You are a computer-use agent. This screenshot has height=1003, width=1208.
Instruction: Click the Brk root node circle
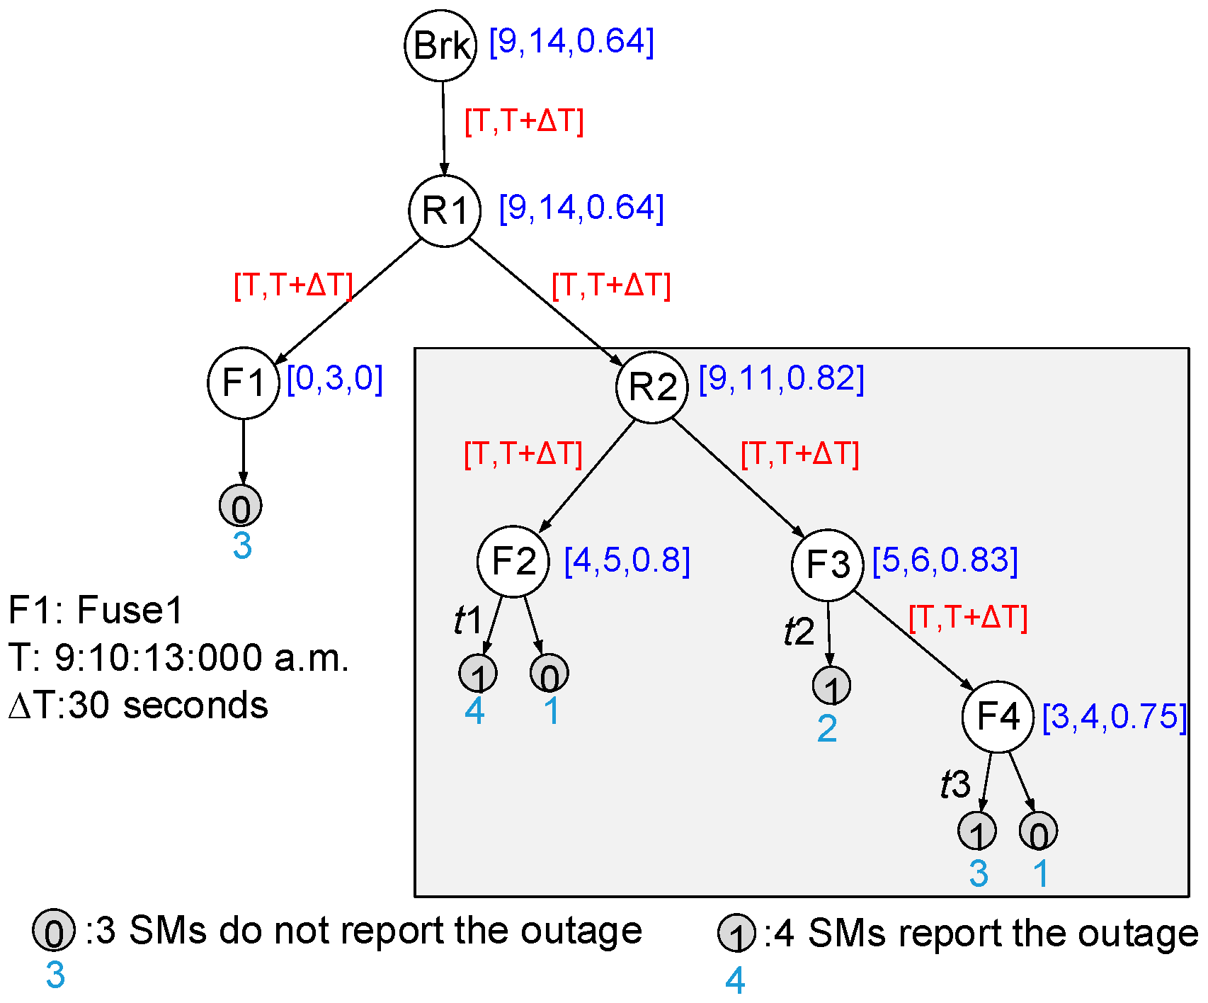coord(440,46)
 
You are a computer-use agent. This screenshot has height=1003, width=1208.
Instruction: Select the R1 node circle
coord(445,210)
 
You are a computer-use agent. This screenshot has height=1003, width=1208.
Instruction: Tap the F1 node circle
coord(244,383)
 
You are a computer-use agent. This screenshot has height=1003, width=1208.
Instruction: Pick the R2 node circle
coord(652,387)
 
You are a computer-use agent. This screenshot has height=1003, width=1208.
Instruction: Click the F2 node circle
coord(513,561)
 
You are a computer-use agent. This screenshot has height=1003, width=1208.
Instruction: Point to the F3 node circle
coord(828,565)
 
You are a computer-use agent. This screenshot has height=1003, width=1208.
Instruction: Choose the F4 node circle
coord(998,717)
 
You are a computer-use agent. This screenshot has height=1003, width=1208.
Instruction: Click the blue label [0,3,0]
coord(335,379)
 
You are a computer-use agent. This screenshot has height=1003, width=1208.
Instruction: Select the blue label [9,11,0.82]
coord(782,379)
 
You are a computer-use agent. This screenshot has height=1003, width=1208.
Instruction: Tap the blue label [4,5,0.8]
coord(627,561)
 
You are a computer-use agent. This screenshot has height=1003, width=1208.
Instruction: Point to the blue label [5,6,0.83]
coord(945,560)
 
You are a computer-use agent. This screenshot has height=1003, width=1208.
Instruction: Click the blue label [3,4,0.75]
coord(1115,717)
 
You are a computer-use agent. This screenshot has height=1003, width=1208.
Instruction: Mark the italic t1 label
coord(468,620)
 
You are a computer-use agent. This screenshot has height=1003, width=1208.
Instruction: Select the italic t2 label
coord(799,631)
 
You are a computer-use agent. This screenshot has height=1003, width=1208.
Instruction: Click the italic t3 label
coord(955,784)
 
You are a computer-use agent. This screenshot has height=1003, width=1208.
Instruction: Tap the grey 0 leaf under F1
coord(241,506)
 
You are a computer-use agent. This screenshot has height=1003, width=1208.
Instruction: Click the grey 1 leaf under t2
coord(831,686)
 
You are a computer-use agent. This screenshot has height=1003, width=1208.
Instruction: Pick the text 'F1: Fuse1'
coord(96,610)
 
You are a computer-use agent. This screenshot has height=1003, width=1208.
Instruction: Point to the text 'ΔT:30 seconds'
coord(139,705)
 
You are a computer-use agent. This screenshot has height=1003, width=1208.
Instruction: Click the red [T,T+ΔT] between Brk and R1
coord(524,121)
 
